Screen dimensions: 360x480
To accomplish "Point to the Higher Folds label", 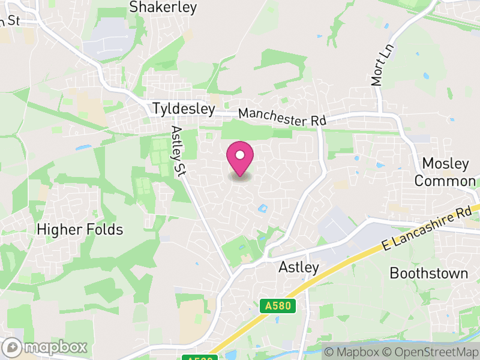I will coord(80,229).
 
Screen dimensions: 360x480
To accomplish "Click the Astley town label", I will coord(299,267).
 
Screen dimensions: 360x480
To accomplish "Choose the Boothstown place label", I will coord(428,273).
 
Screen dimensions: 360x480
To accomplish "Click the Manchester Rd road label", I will coord(281,116).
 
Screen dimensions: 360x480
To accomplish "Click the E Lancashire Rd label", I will coord(427,228).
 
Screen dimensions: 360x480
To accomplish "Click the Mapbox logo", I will coord(46,347).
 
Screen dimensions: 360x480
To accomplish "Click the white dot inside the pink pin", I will coord(240,154).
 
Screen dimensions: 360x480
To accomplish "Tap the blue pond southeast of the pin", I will coord(262,209).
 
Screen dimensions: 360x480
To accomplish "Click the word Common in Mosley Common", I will coord(445,181).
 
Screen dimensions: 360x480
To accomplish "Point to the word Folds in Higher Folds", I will coord(104,229).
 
